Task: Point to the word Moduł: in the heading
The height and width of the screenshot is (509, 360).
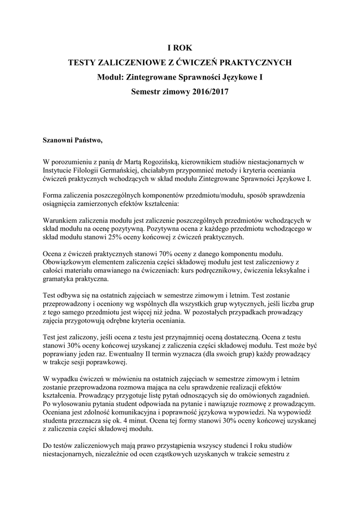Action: click(111, 78)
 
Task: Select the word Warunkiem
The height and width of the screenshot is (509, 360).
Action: click(62, 221)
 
